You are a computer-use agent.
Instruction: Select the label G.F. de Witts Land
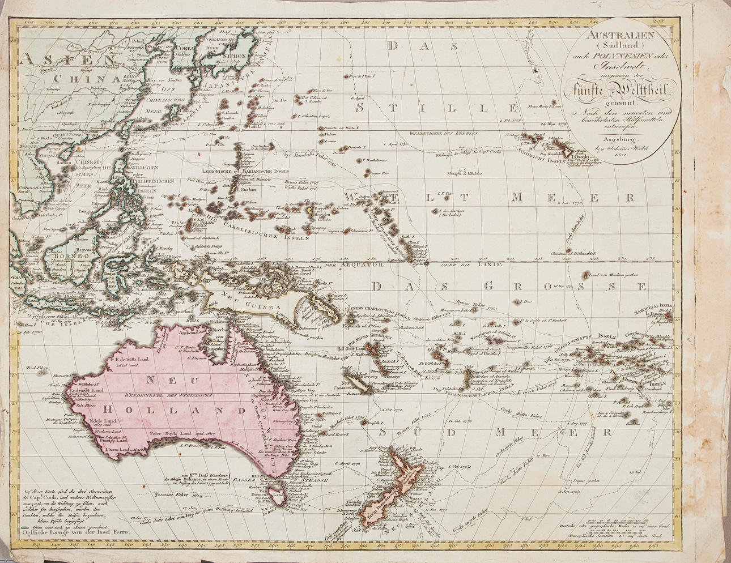[130, 359]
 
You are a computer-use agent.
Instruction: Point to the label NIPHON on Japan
[233, 57]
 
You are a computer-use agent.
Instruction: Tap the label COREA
[183, 49]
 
